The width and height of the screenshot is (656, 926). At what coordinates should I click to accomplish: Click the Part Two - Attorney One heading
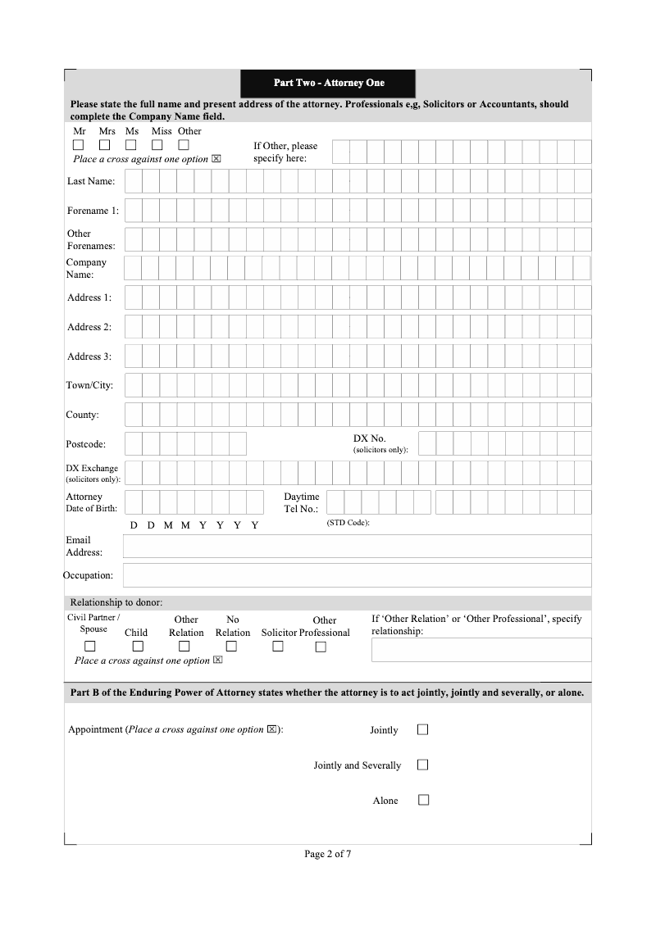coord(328,83)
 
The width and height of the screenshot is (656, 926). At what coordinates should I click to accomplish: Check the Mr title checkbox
coord(79,145)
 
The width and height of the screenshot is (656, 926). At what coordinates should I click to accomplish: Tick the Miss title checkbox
coord(158,145)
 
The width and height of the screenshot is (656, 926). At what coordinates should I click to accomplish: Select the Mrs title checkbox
coord(105,145)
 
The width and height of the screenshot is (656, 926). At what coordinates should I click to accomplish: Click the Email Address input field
coord(357,546)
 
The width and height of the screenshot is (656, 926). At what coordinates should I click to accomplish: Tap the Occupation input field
coord(357,574)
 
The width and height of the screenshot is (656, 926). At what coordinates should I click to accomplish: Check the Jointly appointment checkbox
coord(423,729)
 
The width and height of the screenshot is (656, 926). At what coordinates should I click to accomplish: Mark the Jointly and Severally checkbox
coord(423,765)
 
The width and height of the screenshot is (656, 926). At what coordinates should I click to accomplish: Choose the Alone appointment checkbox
coord(423,800)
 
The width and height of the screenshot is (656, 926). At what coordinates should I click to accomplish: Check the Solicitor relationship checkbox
coord(278,647)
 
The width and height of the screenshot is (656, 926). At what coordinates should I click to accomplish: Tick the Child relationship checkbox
coord(138,647)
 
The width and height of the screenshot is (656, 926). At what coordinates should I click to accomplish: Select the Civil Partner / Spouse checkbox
coord(90,647)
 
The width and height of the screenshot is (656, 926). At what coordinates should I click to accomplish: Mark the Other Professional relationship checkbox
coord(321,647)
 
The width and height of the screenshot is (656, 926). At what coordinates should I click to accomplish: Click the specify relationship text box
coord(481,650)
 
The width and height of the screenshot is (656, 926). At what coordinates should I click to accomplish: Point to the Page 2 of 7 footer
coord(328,854)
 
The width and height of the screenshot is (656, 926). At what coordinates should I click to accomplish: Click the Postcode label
coord(85,444)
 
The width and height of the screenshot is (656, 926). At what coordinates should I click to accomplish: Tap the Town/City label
coord(89,385)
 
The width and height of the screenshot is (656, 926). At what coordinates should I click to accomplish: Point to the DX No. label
coord(369,438)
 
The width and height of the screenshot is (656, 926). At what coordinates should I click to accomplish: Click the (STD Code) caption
coord(348,523)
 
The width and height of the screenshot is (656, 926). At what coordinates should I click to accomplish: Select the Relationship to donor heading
coord(116,602)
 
